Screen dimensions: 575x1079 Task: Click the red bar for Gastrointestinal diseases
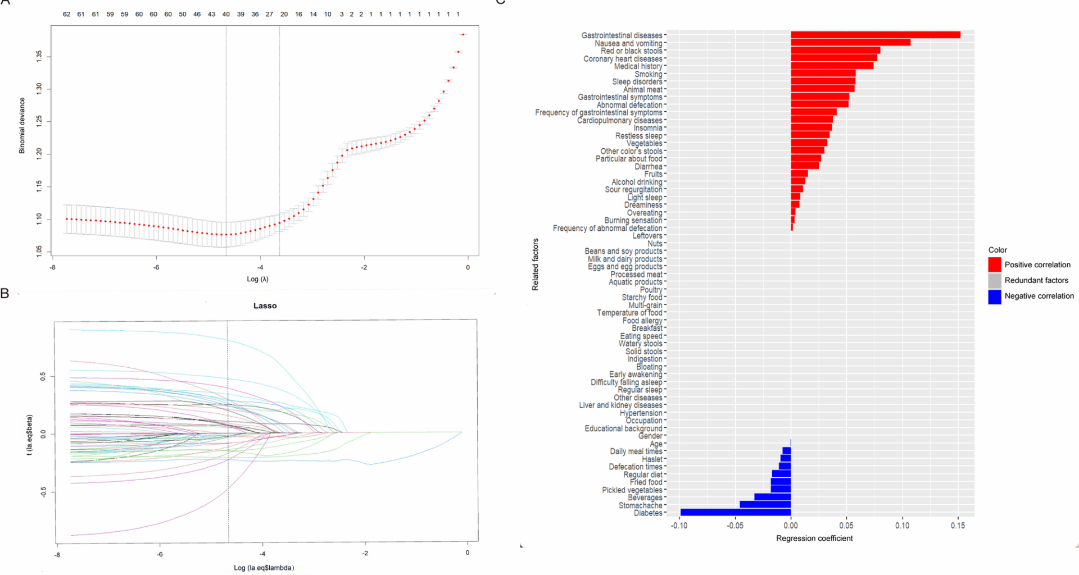click(x=875, y=35)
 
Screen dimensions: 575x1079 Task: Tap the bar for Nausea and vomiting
click(x=850, y=43)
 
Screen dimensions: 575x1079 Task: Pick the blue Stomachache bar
click(x=765, y=505)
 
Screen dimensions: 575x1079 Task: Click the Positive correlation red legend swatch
click(x=995, y=264)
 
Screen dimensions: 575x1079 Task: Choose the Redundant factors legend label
click(x=1036, y=280)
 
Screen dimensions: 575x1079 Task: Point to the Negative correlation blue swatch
click(x=995, y=296)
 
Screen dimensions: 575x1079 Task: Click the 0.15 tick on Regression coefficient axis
click(x=958, y=526)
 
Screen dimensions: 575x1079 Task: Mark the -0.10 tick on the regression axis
click(x=679, y=526)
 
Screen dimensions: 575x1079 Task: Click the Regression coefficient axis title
click(x=814, y=539)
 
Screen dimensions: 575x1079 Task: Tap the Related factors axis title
click(x=536, y=264)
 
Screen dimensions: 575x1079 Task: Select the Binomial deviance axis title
click(x=22, y=125)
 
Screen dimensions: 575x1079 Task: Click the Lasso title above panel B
click(x=265, y=306)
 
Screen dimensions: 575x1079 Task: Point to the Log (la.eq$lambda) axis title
click(x=264, y=568)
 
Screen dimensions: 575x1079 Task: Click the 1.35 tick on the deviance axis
click(x=39, y=56)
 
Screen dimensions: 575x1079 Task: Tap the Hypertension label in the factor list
click(x=641, y=413)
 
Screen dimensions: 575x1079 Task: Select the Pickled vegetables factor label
click(x=632, y=490)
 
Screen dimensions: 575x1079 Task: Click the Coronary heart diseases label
click(x=623, y=59)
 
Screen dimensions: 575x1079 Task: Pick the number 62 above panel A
click(x=66, y=14)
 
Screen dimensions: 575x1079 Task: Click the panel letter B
click(x=5, y=293)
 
